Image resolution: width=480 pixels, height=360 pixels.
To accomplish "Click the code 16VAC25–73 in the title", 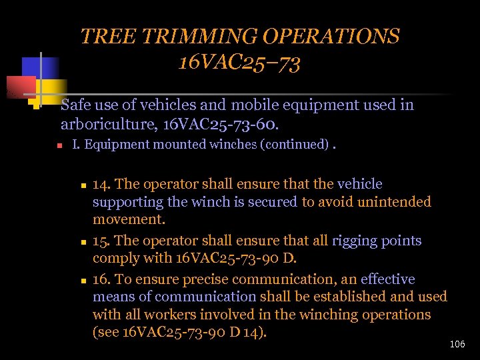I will [239, 63].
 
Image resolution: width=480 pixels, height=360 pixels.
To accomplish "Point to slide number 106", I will [457, 344].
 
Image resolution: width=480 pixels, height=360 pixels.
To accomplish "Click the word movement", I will [129, 219].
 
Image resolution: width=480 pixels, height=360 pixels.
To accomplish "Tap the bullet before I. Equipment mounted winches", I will [59, 145].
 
